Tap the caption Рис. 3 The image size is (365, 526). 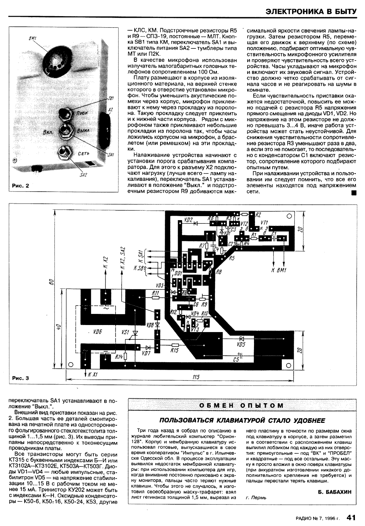tap(21, 378)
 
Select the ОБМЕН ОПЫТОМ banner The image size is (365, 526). tap(241, 405)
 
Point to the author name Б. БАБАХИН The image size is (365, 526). tap(334, 492)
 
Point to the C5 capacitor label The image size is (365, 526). tap(236, 360)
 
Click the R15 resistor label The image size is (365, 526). tap(174, 351)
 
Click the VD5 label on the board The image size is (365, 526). tap(241, 345)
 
